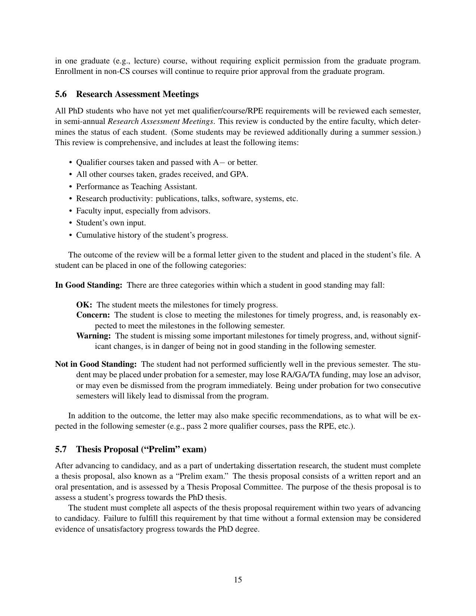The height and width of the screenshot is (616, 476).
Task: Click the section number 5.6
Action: click(61, 94)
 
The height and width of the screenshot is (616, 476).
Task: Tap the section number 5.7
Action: click(61, 449)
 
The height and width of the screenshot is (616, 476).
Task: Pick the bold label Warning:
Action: click(94, 336)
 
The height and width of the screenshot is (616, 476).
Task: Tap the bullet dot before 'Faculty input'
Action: click(71, 211)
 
